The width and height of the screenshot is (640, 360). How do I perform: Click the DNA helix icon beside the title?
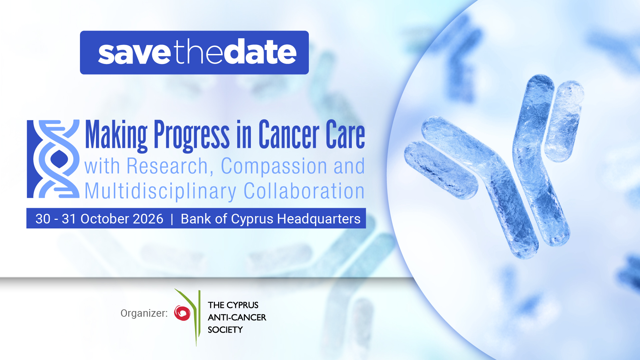(x=53, y=159)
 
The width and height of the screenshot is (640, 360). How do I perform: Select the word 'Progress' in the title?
(x=192, y=135)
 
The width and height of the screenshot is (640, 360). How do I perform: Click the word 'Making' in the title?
(x=116, y=135)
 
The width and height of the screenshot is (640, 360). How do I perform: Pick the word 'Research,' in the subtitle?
(x=170, y=167)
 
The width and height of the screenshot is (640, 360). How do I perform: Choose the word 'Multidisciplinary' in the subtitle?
(x=161, y=191)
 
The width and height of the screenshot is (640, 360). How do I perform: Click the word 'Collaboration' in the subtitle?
(x=304, y=191)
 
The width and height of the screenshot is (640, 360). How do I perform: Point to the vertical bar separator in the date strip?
(x=172, y=219)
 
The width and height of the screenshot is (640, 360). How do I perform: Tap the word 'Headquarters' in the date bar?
(x=319, y=219)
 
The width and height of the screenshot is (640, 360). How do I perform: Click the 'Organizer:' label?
(x=144, y=313)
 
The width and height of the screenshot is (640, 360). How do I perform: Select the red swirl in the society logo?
(x=182, y=313)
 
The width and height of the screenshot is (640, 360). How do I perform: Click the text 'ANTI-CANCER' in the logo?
(x=237, y=317)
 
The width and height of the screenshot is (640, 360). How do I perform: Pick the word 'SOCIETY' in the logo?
(x=225, y=330)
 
